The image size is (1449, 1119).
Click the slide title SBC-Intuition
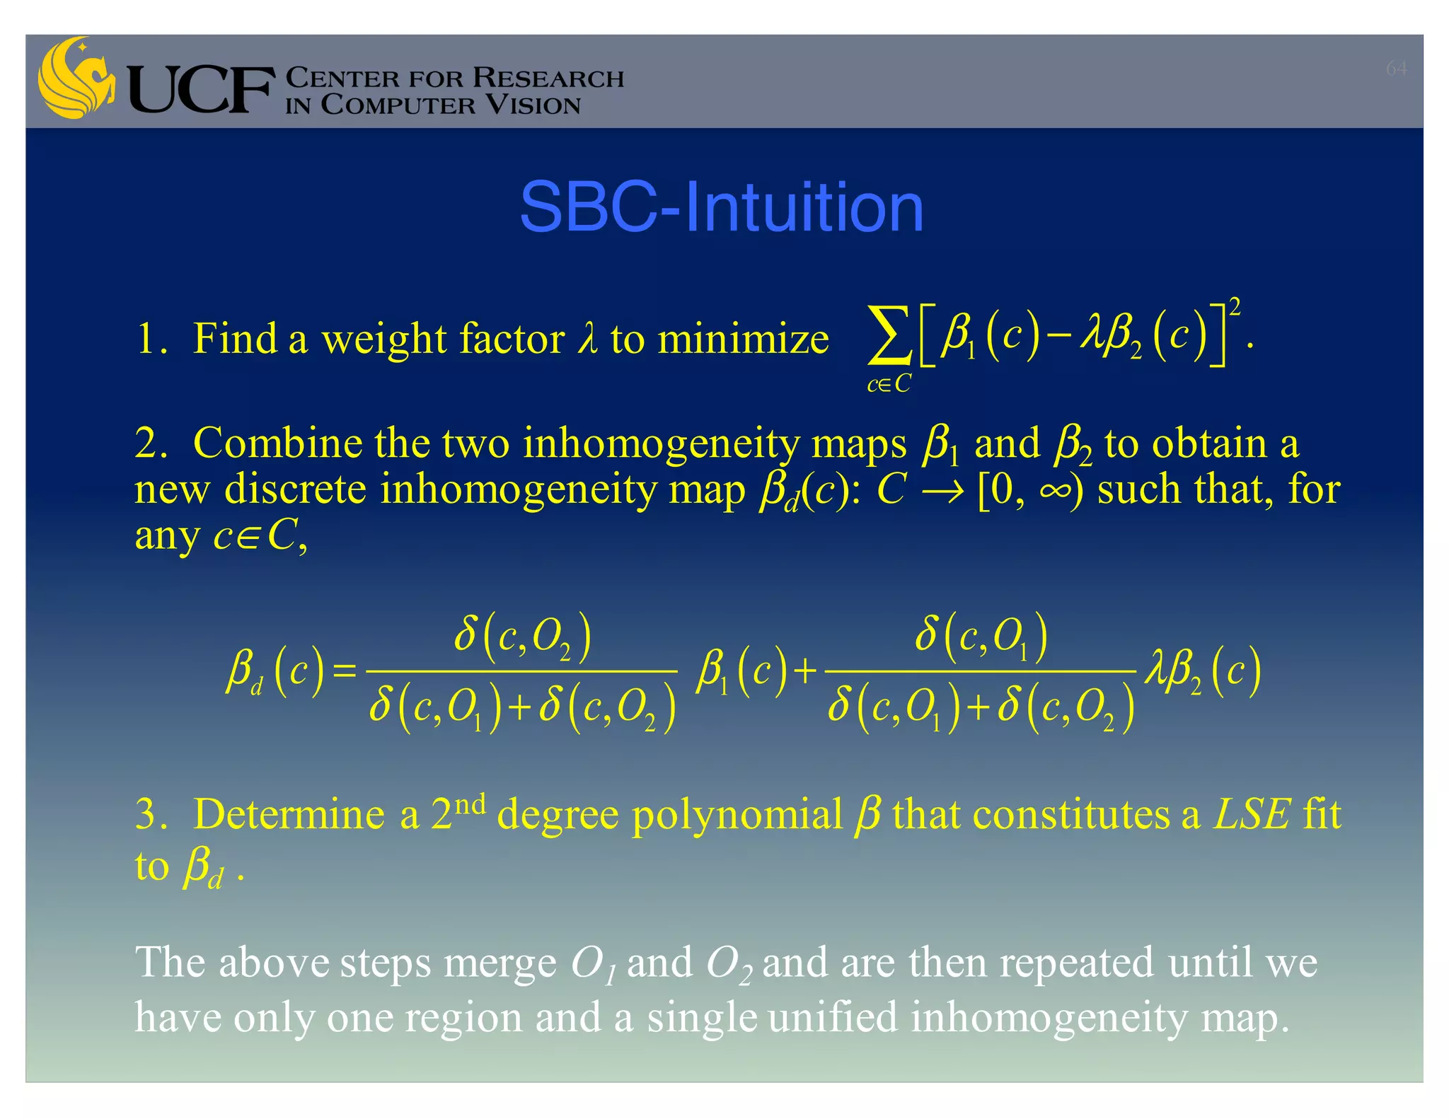[721, 207]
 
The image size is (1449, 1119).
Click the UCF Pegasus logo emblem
[76, 78]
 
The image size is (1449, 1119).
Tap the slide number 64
[1396, 68]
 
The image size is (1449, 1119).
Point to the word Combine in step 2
[277, 444]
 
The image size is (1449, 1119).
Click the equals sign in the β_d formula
[345, 670]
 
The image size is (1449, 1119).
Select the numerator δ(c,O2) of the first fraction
[522, 634]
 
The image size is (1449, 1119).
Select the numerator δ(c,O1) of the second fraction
[981, 634]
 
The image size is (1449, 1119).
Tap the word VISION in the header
[532, 105]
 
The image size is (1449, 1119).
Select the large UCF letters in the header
[201, 90]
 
